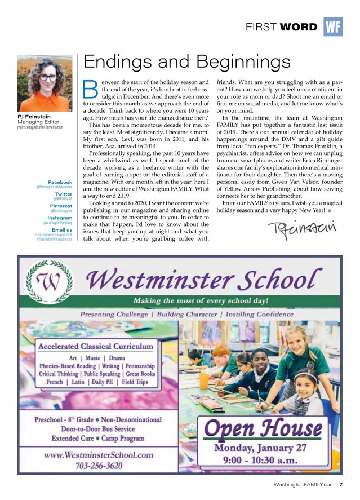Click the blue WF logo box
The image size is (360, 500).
[x=333, y=26]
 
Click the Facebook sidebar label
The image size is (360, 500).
[x=60, y=182]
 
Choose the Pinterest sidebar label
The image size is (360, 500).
[x=61, y=206]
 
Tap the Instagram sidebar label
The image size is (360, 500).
[x=60, y=218]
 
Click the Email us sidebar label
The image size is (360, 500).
[x=62, y=230]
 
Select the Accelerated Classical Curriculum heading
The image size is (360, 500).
[x=96, y=346]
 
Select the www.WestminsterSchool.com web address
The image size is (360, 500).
[x=99, y=455]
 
